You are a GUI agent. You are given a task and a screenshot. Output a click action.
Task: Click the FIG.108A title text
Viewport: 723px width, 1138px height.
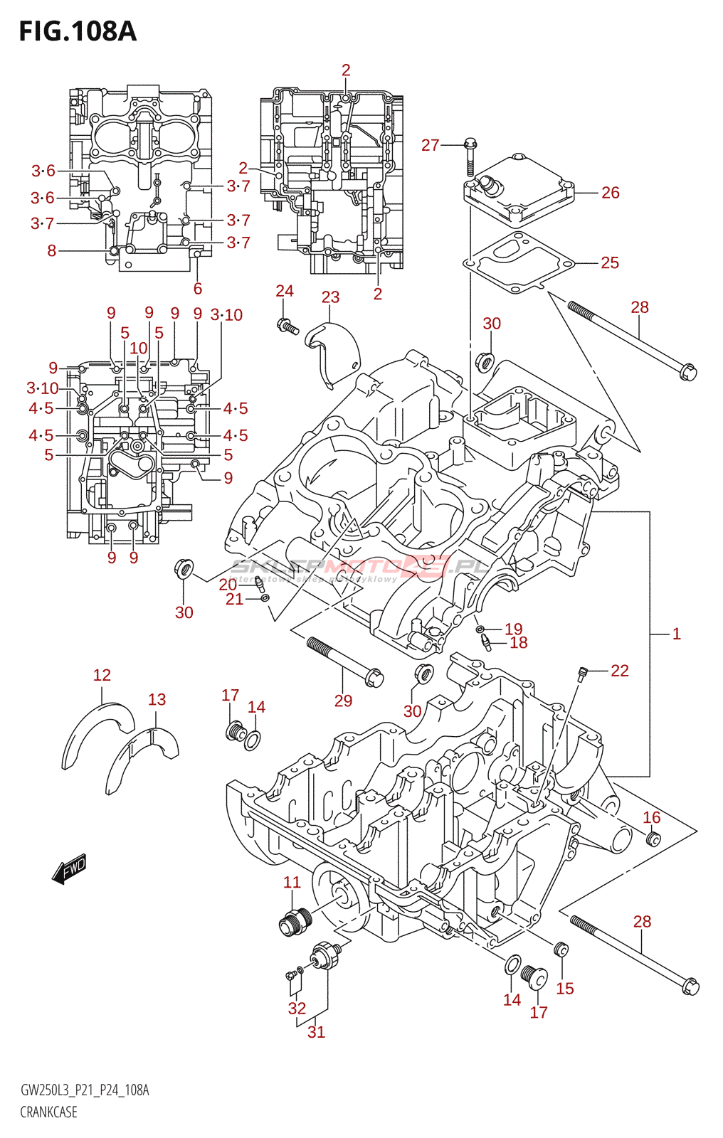(x=77, y=31)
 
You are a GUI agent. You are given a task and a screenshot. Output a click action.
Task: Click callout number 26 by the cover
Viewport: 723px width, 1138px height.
(x=610, y=193)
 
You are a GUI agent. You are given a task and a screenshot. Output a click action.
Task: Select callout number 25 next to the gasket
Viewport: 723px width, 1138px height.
(x=609, y=262)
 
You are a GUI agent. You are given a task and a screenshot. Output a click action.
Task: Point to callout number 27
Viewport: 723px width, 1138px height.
(x=430, y=145)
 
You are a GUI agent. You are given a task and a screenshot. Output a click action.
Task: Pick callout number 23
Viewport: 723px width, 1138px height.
(x=330, y=297)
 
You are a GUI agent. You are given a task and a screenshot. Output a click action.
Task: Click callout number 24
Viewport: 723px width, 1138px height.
(x=285, y=291)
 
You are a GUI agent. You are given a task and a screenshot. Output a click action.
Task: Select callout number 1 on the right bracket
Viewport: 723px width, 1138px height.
(x=676, y=634)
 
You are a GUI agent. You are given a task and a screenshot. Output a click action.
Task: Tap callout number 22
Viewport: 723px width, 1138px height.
(x=619, y=671)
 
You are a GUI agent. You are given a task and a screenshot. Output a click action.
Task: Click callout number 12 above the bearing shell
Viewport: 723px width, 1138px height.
(x=102, y=675)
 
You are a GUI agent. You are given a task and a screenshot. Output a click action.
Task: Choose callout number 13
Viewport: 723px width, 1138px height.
(x=157, y=700)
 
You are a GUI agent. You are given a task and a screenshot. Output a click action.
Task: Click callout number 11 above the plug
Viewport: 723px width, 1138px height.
(x=292, y=883)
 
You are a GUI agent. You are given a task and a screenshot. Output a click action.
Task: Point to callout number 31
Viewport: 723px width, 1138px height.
(x=316, y=1032)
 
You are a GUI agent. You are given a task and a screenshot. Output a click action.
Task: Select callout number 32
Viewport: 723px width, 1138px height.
(x=297, y=1009)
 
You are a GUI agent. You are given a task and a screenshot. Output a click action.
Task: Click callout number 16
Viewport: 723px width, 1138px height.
(x=651, y=818)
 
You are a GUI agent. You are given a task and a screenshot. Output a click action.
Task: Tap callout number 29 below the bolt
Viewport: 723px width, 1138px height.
(x=343, y=701)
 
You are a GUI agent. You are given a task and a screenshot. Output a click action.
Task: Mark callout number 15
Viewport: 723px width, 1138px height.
(x=564, y=989)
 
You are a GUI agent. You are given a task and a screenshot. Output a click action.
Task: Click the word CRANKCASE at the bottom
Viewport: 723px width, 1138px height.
(x=48, y=1112)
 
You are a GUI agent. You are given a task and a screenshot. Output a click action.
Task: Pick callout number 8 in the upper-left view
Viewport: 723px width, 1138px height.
(x=52, y=250)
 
